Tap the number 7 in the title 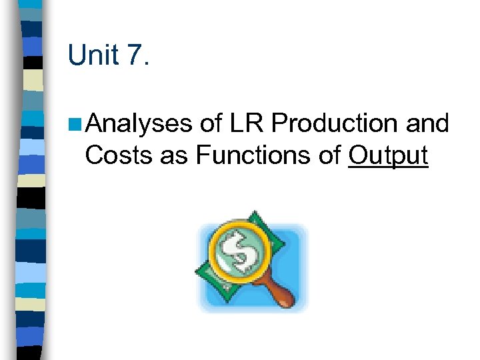coord(133,56)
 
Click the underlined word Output coord(387,155)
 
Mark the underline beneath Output coord(387,168)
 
